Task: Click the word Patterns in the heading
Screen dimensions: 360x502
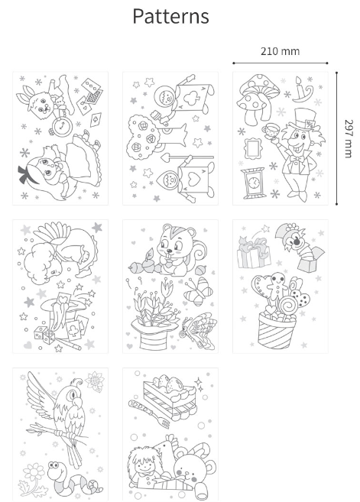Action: point(170,16)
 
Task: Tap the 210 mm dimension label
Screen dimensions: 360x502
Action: point(280,51)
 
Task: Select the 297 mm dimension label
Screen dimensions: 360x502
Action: point(349,138)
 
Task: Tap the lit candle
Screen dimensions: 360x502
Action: point(302,90)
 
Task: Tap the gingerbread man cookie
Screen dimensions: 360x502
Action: point(277,284)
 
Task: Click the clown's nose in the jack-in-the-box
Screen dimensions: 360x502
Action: point(297,242)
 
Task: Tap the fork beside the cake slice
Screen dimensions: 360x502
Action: point(148,414)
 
